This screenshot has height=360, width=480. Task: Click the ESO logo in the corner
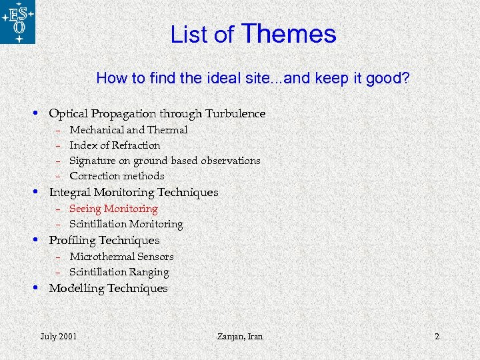click(18, 22)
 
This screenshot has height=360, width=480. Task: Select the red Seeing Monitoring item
click(113, 209)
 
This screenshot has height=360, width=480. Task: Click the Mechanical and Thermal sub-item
click(128, 130)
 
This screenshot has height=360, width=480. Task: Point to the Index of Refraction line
click(115, 145)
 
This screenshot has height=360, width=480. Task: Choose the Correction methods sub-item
click(117, 176)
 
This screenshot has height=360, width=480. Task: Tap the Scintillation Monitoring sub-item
click(126, 224)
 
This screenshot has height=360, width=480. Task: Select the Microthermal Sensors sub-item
click(121, 257)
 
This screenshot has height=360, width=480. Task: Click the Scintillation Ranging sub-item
click(119, 272)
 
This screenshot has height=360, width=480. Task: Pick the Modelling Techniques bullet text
click(108, 289)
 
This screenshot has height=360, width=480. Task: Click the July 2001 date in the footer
click(58, 336)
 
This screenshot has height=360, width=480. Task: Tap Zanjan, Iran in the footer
click(240, 336)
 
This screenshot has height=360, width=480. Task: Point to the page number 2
click(437, 336)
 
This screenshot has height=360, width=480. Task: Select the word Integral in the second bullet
click(69, 193)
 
